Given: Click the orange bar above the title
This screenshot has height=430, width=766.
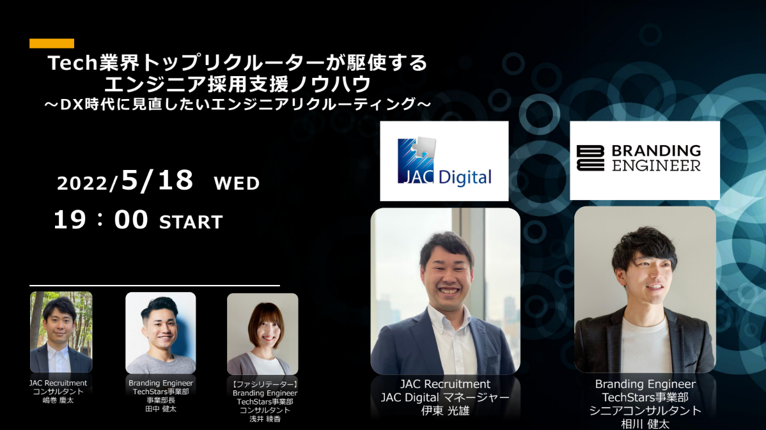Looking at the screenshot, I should pos(51,43).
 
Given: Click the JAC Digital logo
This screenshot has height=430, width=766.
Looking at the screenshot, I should pos(444,161).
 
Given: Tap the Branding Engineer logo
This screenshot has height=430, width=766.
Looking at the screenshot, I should pos(645,159).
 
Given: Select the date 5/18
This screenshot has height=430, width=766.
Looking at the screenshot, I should pos(157,181).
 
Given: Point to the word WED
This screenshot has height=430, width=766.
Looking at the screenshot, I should pos(237,184).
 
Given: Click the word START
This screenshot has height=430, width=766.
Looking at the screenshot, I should pos(191,222).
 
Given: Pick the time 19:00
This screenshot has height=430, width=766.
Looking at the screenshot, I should pos(100,220).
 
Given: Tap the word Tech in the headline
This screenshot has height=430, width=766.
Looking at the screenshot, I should pos(72,63).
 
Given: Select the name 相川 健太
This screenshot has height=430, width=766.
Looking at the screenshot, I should pos(645,424).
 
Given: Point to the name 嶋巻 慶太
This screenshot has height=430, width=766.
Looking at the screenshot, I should pos(58,401).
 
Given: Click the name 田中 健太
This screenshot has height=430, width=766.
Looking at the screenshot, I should pos(160,409).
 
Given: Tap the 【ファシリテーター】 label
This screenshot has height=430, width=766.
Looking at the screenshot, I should pos(263,384).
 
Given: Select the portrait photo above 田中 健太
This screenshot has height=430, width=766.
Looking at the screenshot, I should pos(160,332).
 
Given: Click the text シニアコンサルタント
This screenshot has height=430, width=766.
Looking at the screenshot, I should pos(645,410).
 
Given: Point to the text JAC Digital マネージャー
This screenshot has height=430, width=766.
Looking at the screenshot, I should pos(445,397).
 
